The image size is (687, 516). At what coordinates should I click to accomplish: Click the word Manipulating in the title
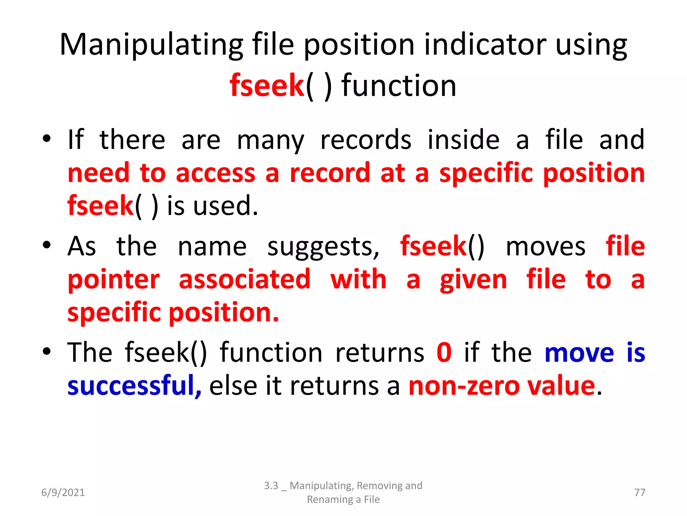coord(151,45)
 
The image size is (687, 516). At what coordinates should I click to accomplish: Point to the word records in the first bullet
coord(366,140)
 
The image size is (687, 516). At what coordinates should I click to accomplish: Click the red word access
coord(215,173)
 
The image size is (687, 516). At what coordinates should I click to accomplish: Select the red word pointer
coord(114,280)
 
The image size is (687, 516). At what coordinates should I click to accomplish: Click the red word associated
coord(245,279)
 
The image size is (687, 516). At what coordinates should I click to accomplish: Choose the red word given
coord(473,280)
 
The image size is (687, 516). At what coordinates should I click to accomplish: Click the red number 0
coord(444,352)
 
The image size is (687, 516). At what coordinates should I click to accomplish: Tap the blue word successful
coord(134,386)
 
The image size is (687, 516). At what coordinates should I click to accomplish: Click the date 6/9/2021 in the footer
coord(63,492)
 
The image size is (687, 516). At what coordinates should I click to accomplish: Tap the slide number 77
coord(640,492)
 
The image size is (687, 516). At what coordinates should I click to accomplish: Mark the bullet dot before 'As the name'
coord(47,245)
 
